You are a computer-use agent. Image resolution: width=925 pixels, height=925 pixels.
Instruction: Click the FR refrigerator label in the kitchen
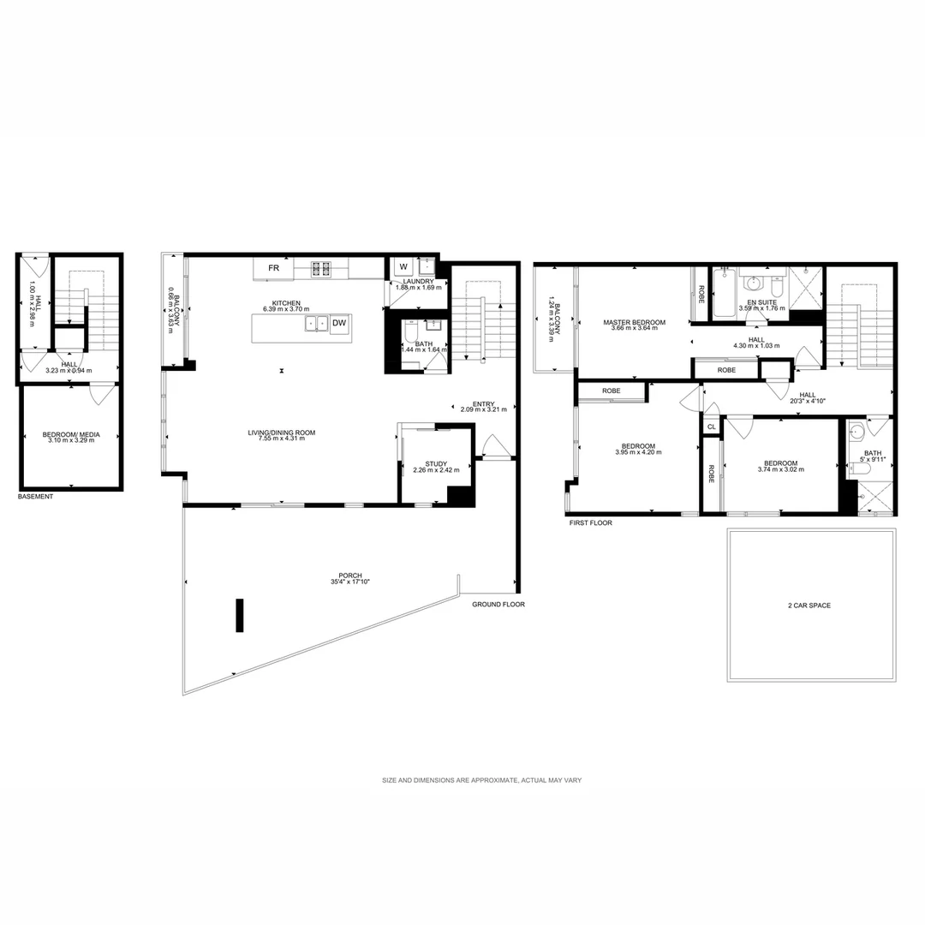274,268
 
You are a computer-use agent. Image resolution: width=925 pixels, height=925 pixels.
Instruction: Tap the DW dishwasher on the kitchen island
340,323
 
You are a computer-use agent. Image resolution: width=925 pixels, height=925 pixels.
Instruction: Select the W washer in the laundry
403,266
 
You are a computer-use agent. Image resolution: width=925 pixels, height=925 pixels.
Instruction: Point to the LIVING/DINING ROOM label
282,433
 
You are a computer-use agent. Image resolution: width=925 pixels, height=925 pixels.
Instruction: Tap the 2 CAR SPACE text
809,606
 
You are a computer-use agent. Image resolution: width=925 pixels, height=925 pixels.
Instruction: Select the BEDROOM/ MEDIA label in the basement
71,435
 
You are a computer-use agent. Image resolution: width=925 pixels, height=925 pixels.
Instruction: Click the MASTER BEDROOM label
634,323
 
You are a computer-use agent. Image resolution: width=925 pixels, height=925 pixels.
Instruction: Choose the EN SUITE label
761,302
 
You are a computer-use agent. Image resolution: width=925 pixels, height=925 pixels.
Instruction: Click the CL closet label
711,427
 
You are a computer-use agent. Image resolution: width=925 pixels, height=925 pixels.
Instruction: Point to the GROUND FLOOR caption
498,604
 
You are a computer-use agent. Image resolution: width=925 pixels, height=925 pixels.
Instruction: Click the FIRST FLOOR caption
591,522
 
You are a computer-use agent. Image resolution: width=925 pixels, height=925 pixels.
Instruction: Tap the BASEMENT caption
36,497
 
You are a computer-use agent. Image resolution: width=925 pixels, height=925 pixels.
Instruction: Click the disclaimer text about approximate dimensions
482,780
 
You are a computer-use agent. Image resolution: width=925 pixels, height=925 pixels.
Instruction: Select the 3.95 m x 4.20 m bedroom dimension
638,452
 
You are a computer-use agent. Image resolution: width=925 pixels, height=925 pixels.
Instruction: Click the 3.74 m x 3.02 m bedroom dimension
780,469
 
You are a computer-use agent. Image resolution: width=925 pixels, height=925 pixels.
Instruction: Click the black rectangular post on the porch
241,615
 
